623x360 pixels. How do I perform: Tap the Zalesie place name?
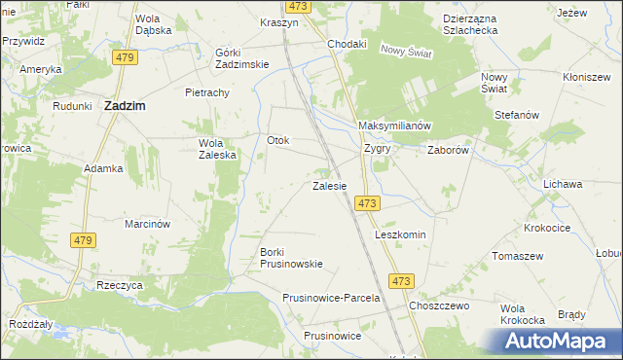click(x=329, y=185)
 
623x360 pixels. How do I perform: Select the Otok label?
click(x=278, y=140)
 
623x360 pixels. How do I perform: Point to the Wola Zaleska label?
click(x=211, y=148)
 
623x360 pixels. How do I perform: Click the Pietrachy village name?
click(x=206, y=92)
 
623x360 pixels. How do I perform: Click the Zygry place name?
click(x=377, y=149)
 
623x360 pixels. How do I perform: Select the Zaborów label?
click(x=449, y=151)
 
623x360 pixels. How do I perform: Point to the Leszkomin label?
click(x=401, y=235)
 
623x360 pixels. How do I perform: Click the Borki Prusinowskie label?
click(x=291, y=258)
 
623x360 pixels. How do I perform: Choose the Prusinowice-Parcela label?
click(x=331, y=298)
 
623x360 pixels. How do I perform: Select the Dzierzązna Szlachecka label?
click(x=457, y=23)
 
